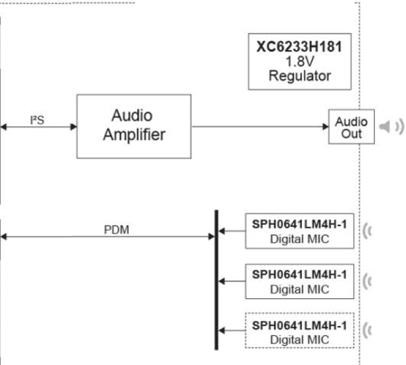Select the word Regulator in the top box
(299, 76)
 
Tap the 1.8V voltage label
(299, 62)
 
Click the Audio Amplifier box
(134, 126)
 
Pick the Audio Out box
(352, 127)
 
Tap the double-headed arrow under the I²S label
(38, 127)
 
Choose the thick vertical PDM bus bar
(216, 279)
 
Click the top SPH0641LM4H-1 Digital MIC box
(299, 231)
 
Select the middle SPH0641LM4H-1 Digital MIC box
(299, 280)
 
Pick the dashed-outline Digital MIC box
(299, 330)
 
